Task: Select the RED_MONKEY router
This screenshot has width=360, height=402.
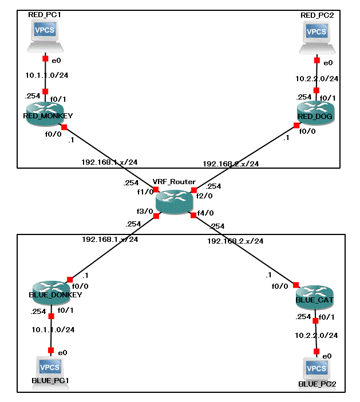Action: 45,110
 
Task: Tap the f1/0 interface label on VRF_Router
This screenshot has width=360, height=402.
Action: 144,192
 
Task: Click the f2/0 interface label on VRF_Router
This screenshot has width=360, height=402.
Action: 204,196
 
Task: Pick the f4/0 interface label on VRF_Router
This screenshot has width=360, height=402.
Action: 205,214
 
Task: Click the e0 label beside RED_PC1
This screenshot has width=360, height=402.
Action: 57,59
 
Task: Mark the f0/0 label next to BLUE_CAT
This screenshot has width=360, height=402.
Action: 280,286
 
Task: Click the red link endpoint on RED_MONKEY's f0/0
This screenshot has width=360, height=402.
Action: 64,127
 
